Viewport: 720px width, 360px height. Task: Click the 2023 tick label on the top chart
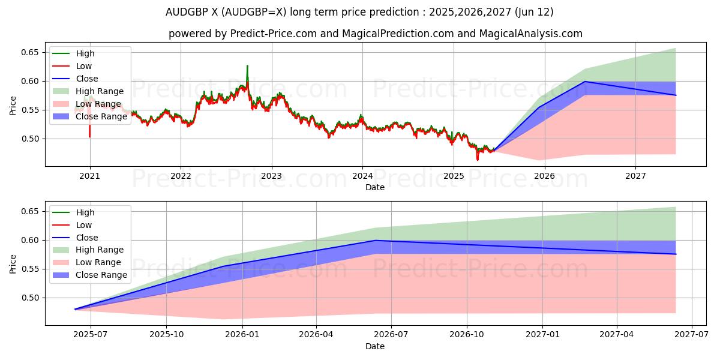[271, 176]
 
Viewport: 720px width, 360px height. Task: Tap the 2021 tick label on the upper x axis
[90, 176]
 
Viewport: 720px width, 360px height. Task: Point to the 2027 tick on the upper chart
[635, 176]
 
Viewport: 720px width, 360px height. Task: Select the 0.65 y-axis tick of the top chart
[29, 53]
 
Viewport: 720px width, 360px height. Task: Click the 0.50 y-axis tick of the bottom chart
[29, 298]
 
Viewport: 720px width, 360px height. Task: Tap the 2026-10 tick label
[467, 335]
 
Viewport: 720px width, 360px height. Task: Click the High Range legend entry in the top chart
[100, 91]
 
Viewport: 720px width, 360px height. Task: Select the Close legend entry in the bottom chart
[87, 238]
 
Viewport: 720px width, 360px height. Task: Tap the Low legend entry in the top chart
[84, 66]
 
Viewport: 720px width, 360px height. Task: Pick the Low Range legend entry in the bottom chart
[98, 262]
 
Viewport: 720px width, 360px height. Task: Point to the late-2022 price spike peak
[247, 66]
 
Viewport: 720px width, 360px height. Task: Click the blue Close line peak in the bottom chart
[376, 241]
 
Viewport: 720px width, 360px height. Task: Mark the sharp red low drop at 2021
[90, 136]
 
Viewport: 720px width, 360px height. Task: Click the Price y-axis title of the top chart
[13, 105]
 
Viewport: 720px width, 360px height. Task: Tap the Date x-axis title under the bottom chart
[375, 346]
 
